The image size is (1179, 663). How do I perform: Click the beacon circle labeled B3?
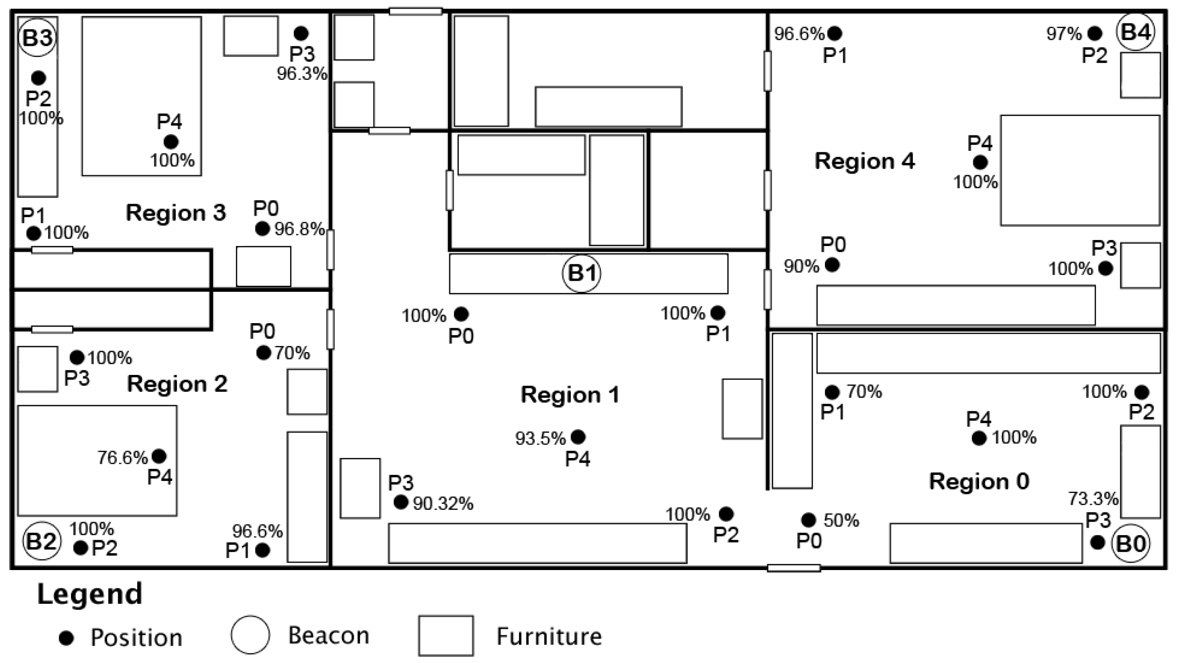pyautogui.click(x=37, y=37)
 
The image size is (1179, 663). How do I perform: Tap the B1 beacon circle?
pyautogui.click(x=582, y=273)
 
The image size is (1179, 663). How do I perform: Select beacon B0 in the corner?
pyautogui.click(x=1131, y=543)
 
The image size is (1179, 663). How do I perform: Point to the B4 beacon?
pyautogui.click(x=1136, y=32)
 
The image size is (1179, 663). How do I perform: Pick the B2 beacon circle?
pyautogui.click(x=42, y=541)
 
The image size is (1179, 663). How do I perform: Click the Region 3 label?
pyautogui.click(x=176, y=213)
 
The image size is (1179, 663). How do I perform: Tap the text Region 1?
pyautogui.click(x=570, y=395)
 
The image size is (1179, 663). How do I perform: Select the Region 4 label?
pyautogui.click(x=865, y=161)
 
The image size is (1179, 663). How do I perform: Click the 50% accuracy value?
pyautogui.click(x=841, y=521)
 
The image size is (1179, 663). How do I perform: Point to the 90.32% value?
pyautogui.click(x=443, y=504)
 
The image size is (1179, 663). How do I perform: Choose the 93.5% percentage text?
pyautogui.click(x=540, y=438)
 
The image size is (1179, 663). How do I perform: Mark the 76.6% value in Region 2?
pyautogui.click(x=122, y=458)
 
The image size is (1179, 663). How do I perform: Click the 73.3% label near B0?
pyautogui.click(x=1093, y=499)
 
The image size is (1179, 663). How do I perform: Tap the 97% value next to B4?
pyautogui.click(x=1064, y=34)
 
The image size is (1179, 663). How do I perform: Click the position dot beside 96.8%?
pyautogui.click(x=263, y=229)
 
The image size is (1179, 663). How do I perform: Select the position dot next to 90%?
pyautogui.click(x=832, y=265)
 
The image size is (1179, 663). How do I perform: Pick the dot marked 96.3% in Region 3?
pyautogui.click(x=301, y=33)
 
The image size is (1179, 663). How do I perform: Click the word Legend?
pyautogui.click(x=90, y=594)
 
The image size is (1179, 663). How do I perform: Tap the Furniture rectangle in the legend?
pyautogui.click(x=446, y=636)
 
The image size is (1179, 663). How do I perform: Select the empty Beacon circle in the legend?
pyautogui.click(x=250, y=635)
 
